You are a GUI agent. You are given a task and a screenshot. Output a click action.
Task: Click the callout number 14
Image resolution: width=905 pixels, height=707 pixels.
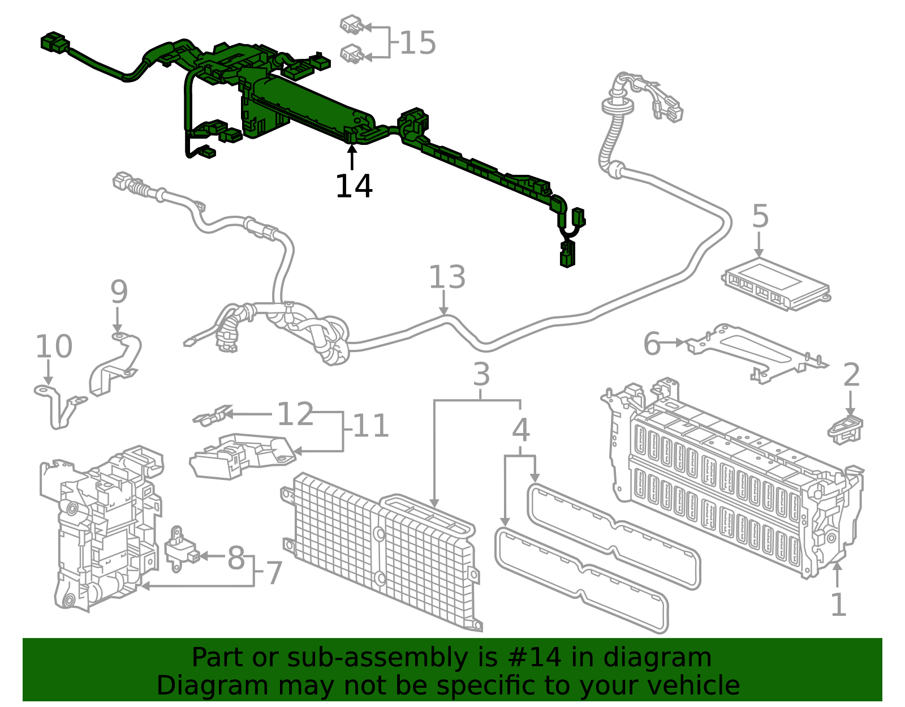click(x=354, y=186)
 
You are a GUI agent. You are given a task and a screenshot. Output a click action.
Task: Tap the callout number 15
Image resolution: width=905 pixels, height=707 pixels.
click(x=417, y=43)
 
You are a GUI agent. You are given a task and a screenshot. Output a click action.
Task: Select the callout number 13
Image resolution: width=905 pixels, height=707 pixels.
click(x=447, y=277)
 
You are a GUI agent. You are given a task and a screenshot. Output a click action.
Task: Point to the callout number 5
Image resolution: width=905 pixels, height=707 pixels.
click(x=760, y=217)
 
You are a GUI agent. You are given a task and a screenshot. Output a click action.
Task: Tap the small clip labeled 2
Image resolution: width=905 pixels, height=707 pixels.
click(x=846, y=429)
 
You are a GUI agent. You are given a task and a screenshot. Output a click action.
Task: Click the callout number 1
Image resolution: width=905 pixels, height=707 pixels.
click(x=838, y=605)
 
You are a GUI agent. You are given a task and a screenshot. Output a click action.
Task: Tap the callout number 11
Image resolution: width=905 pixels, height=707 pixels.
click(x=370, y=426)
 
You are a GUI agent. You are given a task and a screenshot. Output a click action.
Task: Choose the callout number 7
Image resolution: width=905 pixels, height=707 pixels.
click(x=274, y=573)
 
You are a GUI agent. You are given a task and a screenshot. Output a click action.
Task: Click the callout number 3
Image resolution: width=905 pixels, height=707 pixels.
click(x=481, y=375)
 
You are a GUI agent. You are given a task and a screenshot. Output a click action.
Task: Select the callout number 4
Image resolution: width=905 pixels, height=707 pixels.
click(x=520, y=430)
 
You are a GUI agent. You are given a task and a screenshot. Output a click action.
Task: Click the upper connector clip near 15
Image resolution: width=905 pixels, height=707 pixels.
click(x=351, y=25)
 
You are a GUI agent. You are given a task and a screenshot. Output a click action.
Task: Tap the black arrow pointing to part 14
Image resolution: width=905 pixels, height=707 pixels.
click(x=352, y=156)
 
